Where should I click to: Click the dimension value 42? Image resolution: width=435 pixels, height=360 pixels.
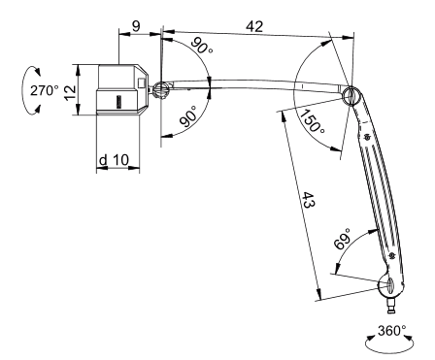pos(254,26)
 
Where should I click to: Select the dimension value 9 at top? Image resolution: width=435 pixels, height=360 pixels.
pos(136,26)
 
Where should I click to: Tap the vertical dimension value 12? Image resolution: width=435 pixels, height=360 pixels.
pos(70,93)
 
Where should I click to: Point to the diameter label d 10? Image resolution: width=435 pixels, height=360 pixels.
pos(114,160)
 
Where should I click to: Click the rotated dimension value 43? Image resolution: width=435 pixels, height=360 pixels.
pos(308,200)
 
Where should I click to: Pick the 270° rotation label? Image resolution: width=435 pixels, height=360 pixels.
pos(45,90)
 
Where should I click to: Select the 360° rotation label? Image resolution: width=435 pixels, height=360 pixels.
pos(392,331)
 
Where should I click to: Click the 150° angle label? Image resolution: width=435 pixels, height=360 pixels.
pos(312,121)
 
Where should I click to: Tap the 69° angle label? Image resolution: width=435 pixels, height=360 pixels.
pos(343,239)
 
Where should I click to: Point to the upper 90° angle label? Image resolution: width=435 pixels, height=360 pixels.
pos(202,46)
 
